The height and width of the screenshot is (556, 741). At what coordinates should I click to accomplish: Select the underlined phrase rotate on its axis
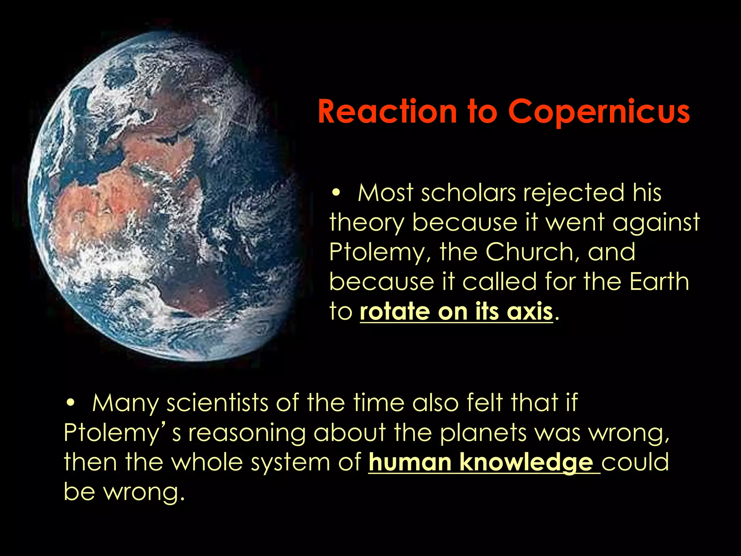[456, 311]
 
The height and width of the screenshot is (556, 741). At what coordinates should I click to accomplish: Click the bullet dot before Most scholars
[336, 193]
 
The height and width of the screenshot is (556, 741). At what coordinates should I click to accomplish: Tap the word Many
[125, 403]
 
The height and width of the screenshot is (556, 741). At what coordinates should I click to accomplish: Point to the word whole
[207, 462]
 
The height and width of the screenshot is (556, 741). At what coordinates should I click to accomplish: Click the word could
[635, 462]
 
